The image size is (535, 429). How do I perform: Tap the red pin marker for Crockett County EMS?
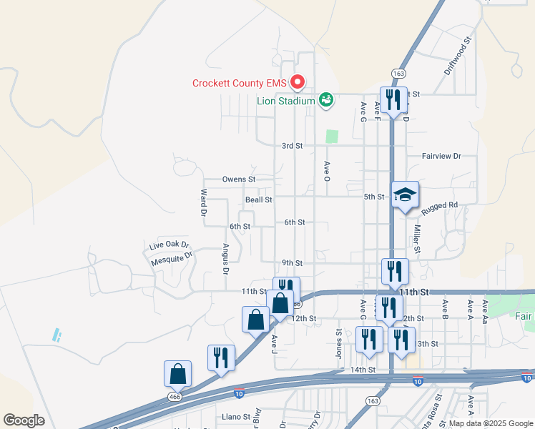coord(301,82)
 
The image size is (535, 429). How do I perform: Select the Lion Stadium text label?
coord(286,101)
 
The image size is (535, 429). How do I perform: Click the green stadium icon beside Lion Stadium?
coord(326,99)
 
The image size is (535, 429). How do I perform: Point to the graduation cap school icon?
coord(405,194)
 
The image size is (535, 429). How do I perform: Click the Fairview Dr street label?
coord(441,155)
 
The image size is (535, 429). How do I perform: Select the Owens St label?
coord(239,179)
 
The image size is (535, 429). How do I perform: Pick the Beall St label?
coord(258,200)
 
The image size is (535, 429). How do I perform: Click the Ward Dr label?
coord(204,202)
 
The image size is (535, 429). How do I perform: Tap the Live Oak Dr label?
coord(166,245)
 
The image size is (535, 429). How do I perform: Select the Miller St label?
coord(417,239)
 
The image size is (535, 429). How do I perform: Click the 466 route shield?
coord(174,395)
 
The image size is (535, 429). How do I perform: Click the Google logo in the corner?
coord(24,420)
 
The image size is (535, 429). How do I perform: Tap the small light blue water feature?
coord(56,333)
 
